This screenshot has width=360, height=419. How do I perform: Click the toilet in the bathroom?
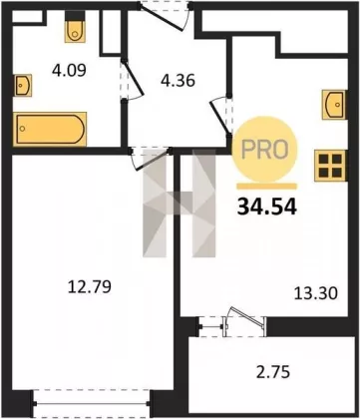click(x=74, y=31)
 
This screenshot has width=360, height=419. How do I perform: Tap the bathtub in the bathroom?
click(x=50, y=130)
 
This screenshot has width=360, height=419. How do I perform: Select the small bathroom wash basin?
click(x=23, y=86)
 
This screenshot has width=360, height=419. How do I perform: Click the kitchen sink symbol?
click(x=333, y=105)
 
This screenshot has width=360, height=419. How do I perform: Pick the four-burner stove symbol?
click(x=331, y=166)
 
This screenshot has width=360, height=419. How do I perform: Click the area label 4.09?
click(x=69, y=71)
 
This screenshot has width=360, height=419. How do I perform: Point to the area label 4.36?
click(x=178, y=81)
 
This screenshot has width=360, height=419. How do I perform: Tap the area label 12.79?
click(x=89, y=287)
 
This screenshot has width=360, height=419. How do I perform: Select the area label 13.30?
click(x=316, y=293)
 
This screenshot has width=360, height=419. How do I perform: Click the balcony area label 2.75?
click(x=273, y=372)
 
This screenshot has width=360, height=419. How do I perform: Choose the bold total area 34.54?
click(x=266, y=208)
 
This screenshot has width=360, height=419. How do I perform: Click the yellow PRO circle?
click(x=264, y=150)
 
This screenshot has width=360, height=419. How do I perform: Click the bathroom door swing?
click(x=133, y=80)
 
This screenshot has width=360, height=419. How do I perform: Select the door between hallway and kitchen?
click(x=220, y=116)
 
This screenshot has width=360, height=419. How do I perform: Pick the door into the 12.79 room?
click(x=152, y=159)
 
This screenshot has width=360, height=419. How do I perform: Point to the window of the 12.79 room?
click(x=92, y=403)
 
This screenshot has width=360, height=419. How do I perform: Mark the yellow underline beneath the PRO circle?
click(x=266, y=186)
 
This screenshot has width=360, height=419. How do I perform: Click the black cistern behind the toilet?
click(x=74, y=15)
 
